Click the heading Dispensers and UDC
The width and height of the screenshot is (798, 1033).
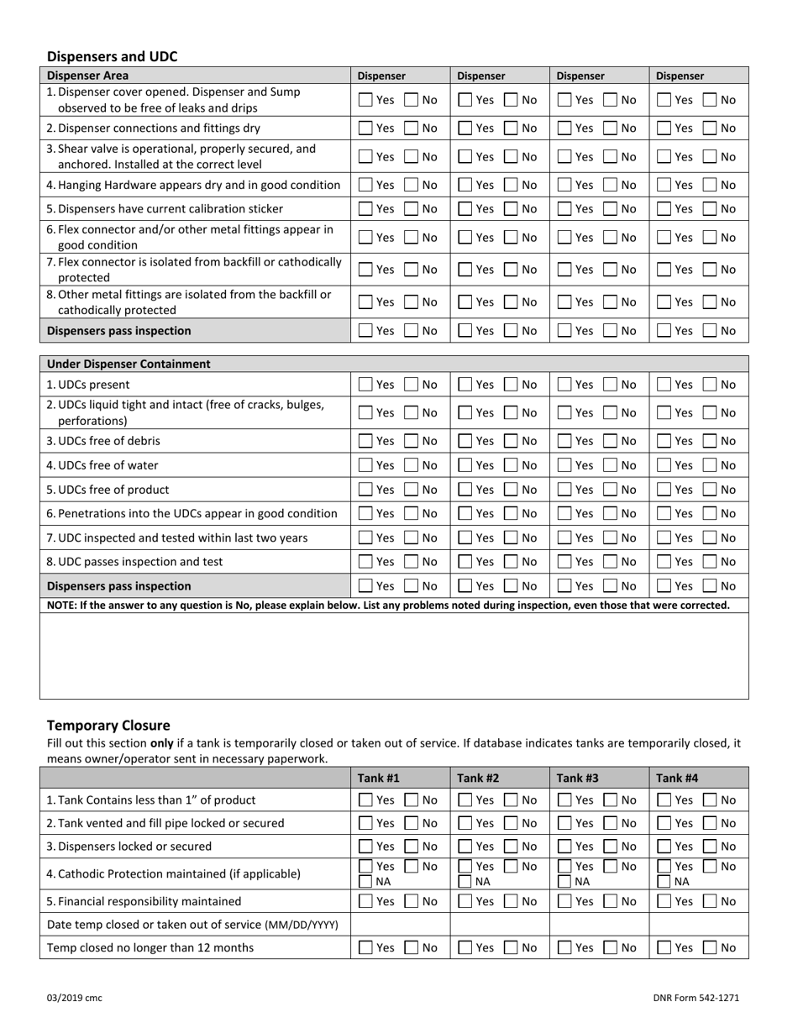pyautogui.click(x=112, y=56)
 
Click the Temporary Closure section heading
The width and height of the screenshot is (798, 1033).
pyautogui.click(x=108, y=725)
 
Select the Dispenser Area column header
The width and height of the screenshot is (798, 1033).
pyautogui.click(x=82, y=75)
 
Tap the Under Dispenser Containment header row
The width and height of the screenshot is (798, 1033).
pyautogui.click(x=129, y=364)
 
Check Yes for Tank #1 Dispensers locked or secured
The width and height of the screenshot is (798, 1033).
pyautogui.click(x=365, y=847)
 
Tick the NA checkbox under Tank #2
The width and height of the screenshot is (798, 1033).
pyautogui.click(x=465, y=881)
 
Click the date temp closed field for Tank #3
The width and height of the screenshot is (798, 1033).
pyautogui.click(x=599, y=925)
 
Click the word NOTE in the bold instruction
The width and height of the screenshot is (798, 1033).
pyautogui.click(x=61, y=606)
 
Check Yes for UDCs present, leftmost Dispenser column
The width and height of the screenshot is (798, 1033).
pyautogui.click(x=365, y=385)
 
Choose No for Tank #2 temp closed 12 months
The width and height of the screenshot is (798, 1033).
pyautogui.click(x=511, y=948)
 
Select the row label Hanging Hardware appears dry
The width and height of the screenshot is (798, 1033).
pyautogui.click(x=193, y=185)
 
